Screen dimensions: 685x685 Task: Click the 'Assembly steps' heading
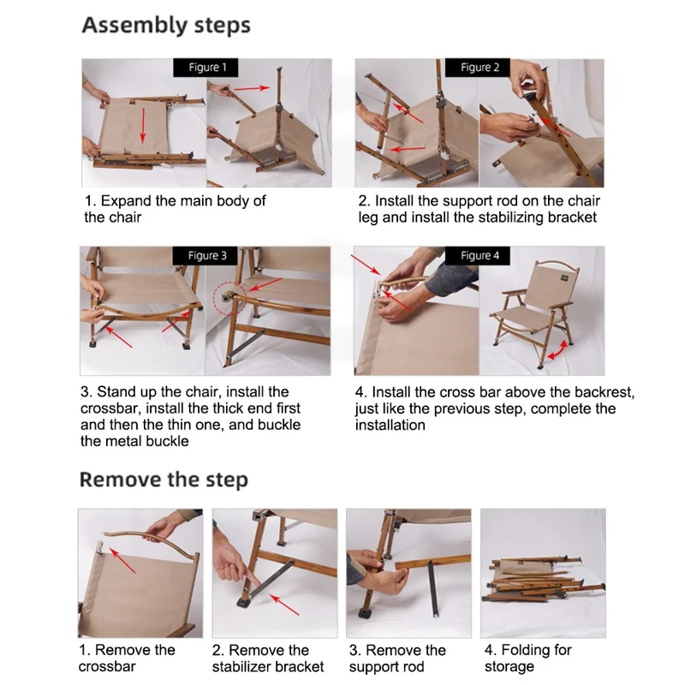166,25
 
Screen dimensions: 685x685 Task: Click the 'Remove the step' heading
164,479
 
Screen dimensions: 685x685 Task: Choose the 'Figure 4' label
480,255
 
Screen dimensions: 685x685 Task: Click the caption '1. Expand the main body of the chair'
175,209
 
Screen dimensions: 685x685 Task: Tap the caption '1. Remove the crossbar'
126,658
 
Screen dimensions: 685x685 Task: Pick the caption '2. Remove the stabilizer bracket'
268,658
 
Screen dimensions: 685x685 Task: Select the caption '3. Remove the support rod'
397,658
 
